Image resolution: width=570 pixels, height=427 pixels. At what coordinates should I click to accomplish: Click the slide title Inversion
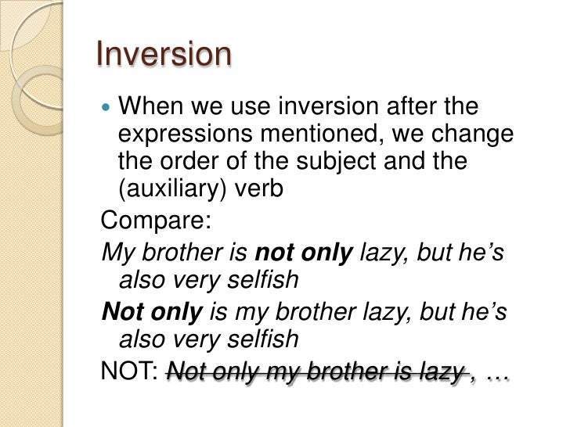[164, 56]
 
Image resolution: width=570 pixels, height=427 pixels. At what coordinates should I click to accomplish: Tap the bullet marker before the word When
[107, 106]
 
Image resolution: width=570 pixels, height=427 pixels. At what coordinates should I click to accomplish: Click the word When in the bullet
[153, 106]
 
